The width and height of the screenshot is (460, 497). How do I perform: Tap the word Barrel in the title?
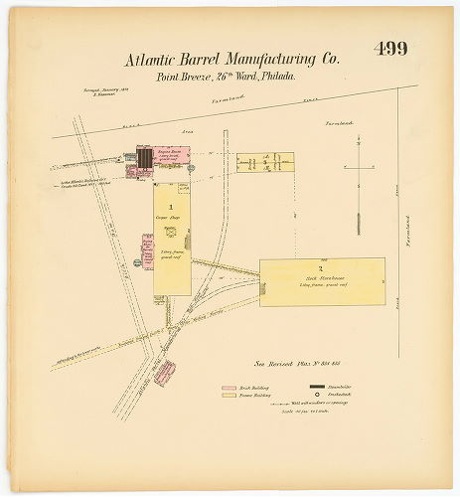[220, 59]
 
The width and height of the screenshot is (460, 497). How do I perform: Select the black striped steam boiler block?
[146, 158]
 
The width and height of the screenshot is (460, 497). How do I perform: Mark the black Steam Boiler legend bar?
[317, 385]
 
